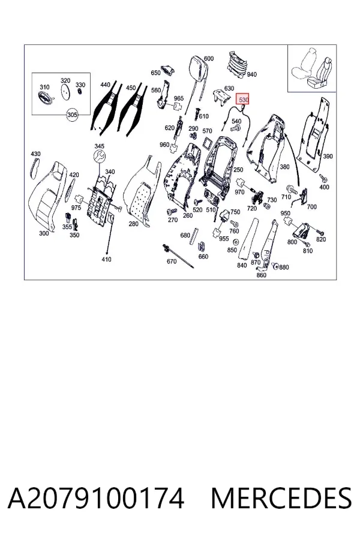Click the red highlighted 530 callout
pyautogui.click(x=242, y=100)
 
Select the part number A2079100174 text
pyautogui.click(x=96, y=498)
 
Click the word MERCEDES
pyautogui.click(x=281, y=498)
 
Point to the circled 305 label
pyautogui.click(x=72, y=115)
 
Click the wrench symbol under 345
pyautogui.click(x=100, y=157)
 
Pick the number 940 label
pyautogui.click(x=252, y=74)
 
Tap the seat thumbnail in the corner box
pyautogui.click(x=312, y=71)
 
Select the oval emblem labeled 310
pyautogui.click(x=45, y=97)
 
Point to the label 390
pyautogui.click(x=327, y=157)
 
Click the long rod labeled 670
pyautogui.click(x=178, y=256)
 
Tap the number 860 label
pyautogui.click(x=262, y=275)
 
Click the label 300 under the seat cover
pyautogui.click(x=44, y=233)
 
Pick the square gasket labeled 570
pyautogui.click(x=208, y=142)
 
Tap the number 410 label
pyautogui.click(x=106, y=259)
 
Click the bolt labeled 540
pyautogui.click(x=236, y=129)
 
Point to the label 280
pyautogui.click(x=133, y=224)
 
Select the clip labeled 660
pyautogui.click(x=202, y=247)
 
